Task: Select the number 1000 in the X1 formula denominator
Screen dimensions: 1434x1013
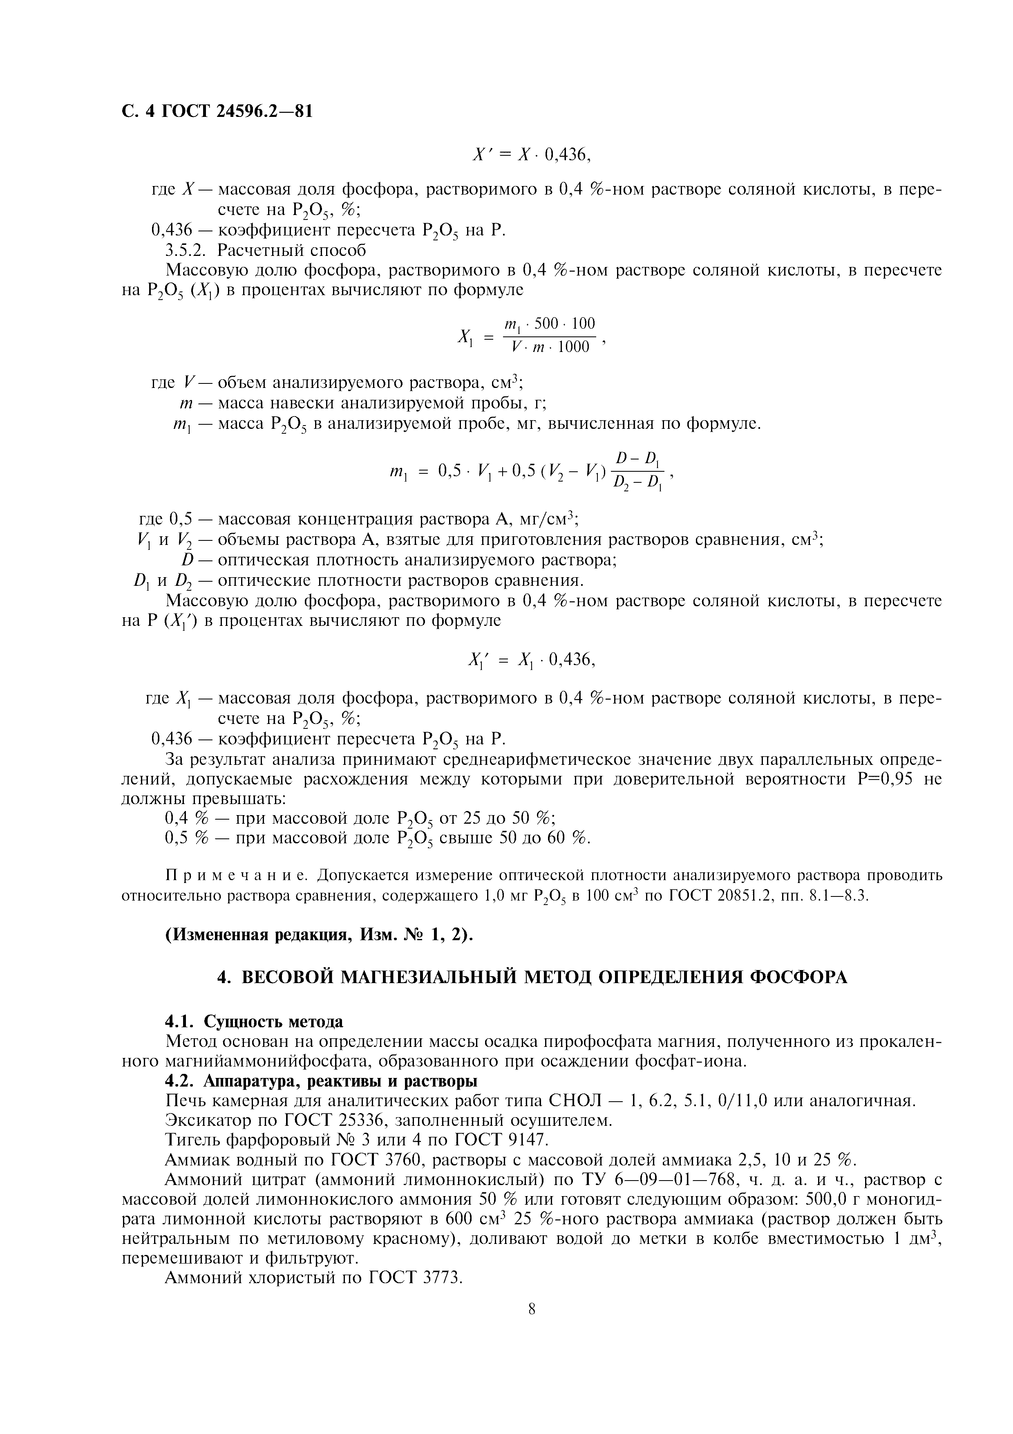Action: pos(573,347)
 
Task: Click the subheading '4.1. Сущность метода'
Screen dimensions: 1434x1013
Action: pos(254,1022)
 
